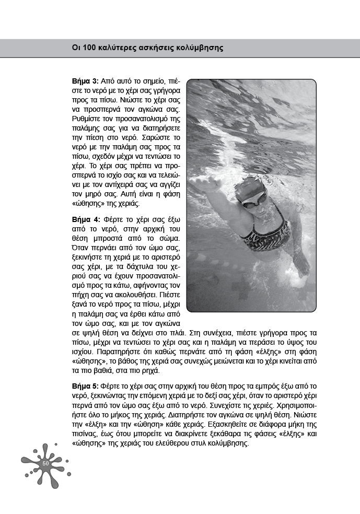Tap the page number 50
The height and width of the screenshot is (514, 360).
click(45, 464)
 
